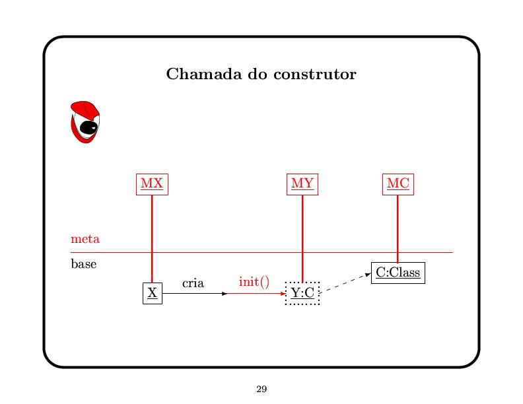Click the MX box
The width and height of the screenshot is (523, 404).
pos(152,184)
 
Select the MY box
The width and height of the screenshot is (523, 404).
pos(302,184)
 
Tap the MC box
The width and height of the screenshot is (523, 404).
pos(398,184)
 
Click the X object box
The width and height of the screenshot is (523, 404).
pos(153,293)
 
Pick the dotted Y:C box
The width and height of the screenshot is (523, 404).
pos(302,293)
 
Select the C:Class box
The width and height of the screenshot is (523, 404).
pos(398,273)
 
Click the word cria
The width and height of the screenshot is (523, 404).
pos(193,283)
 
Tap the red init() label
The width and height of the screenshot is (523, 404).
pos(254,282)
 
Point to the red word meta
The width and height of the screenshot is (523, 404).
pos(85,238)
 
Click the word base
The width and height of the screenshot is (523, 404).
pos(84,264)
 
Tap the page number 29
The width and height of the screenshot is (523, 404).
pos(261,389)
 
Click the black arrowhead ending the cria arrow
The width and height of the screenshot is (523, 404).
pos(225,293)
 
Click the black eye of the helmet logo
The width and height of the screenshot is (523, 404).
pos(88,127)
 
